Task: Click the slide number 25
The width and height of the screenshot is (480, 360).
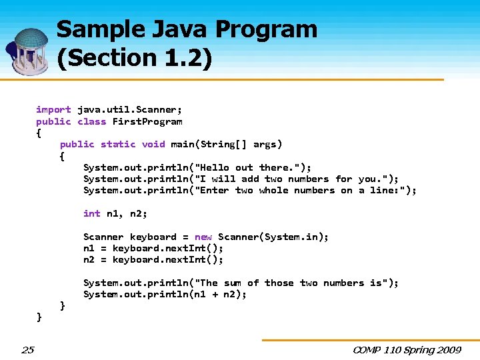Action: click(27, 349)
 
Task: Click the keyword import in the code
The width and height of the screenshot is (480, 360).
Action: click(53, 109)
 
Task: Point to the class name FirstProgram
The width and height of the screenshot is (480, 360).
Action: click(147, 121)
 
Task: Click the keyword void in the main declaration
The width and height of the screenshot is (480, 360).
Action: click(153, 144)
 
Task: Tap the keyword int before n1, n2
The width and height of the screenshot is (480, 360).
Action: click(92, 213)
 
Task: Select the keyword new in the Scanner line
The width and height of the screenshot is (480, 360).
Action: click(203, 237)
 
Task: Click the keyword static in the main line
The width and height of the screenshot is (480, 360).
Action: click(118, 144)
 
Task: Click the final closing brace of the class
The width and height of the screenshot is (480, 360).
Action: click(39, 317)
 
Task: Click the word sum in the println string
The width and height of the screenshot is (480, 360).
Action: click(233, 283)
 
